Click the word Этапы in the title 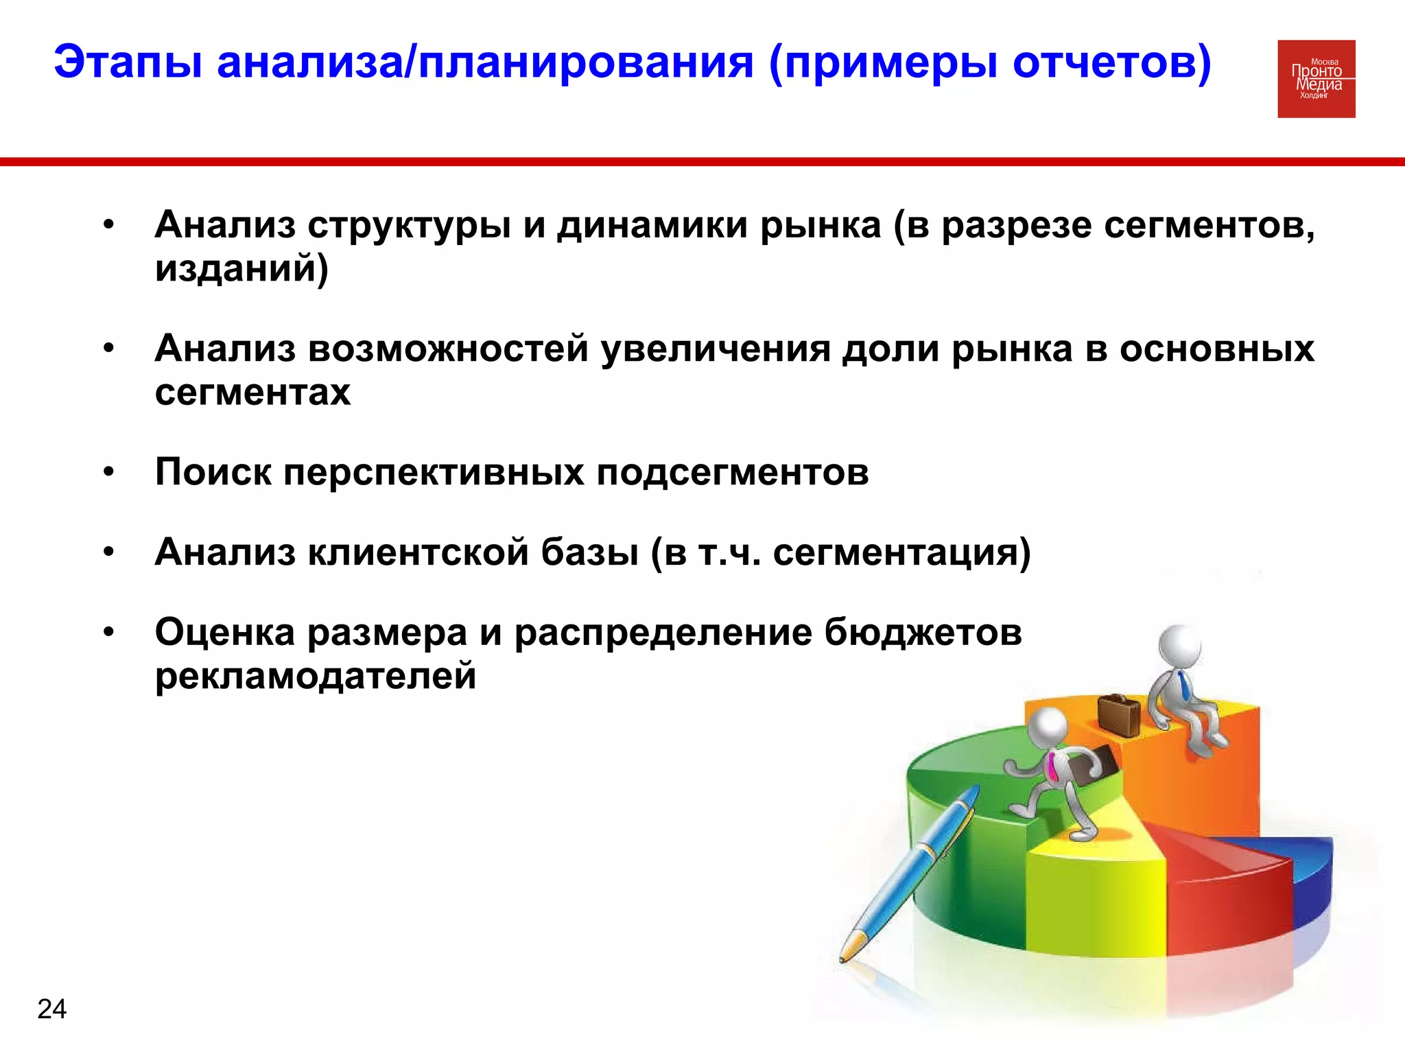[x=128, y=63]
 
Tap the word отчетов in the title [x=1111, y=63]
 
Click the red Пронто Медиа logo [x=1316, y=79]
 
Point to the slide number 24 [x=51, y=1009]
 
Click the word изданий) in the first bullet [x=241, y=268]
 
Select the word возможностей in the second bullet [x=448, y=349]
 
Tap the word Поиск [x=213, y=472]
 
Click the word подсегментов [x=732, y=472]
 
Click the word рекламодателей [x=316, y=675]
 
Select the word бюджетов [x=923, y=632]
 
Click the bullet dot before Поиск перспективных [x=108, y=473]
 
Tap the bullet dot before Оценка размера [x=108, y=632]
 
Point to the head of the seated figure [x=1179, y=646]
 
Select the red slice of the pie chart [x=1228, y=892]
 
